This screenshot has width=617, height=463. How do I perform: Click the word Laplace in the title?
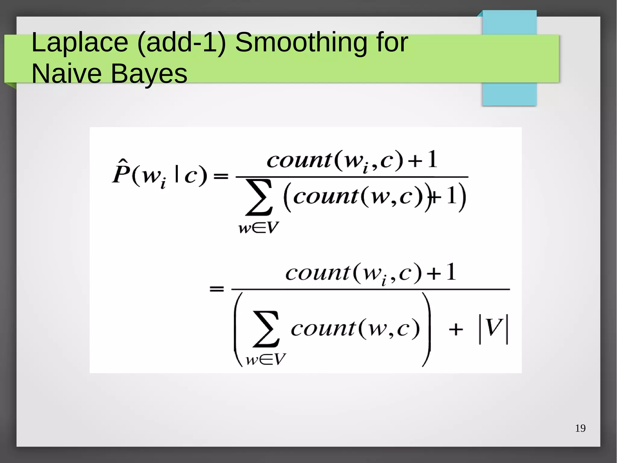tap(80, 43)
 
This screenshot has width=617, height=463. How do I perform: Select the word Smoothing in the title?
tap(301, 43)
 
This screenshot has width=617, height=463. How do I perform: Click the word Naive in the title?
tap(66, 74)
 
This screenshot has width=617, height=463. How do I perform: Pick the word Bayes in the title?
tap(149, 74)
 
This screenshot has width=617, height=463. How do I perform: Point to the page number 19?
tap(580, 428)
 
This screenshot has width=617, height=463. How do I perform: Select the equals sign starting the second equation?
tap(217, 289)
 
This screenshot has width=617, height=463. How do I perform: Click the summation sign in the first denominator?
tap(259, 198)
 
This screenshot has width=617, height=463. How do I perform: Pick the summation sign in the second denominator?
tap(266, 329)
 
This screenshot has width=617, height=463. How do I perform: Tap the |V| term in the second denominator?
tap(493, 328)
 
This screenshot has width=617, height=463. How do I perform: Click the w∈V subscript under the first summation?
tap(258, 228)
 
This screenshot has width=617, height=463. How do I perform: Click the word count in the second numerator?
tap(318, 273)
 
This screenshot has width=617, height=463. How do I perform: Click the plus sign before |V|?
tap(456, 329)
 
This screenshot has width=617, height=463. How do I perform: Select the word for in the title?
tap(392, 43)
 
